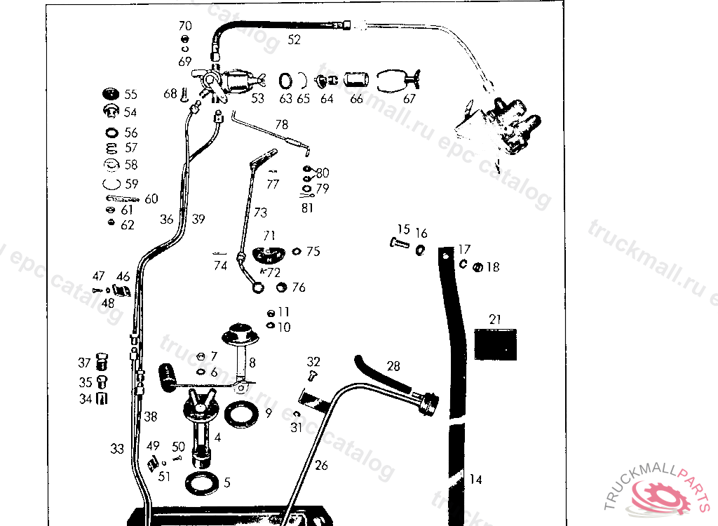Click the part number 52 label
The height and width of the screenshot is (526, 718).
pyautogui.click(x=294, y=40)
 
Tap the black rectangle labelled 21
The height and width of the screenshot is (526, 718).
pyautogui.click(x=496, y=344)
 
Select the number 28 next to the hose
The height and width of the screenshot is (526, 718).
pyautogui.click(x=393, y=366)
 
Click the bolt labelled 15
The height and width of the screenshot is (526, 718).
pyautogui.click(x=400, y=243)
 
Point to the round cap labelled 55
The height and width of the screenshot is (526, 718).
pyautogui.click(x=109, y=95)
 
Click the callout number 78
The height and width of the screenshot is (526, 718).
pyautogui.click(x=281, y=124)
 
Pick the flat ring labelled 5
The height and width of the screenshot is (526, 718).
pyautogui.click(x=201, y=483)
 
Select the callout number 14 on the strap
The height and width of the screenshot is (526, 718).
pyautogui.click(x=475, y=480)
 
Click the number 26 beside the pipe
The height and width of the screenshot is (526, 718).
pyautogui.click(x=321, y=464)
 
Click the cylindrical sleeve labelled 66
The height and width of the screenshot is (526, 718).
pyautogui.click(x=356, y=79)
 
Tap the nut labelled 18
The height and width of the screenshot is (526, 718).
pyautogui.click(x=476, y=267)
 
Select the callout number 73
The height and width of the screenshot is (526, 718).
pyautogui.click(x=260, y=212)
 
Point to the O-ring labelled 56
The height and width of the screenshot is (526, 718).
pyautogui.click(x=110, y=133)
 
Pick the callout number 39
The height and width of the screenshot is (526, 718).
pyautogui.click(x=198, y=220)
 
